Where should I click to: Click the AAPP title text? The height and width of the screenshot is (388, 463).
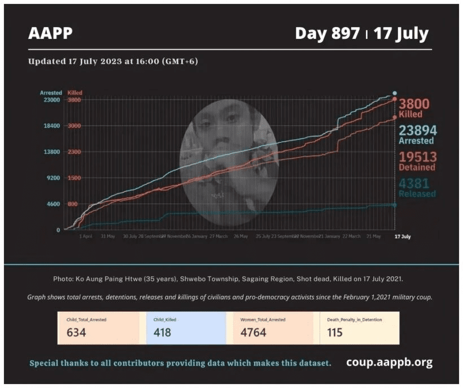(x=50, y=34)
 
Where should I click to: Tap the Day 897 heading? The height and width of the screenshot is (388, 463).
(x=327, y=33)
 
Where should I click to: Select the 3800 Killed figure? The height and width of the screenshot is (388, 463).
(x=414, y=104)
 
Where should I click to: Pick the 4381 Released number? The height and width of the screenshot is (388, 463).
(x=414, y=184)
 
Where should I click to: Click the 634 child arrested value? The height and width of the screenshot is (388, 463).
(x=76, y=333)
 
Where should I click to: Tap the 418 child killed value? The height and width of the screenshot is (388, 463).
(x=163, y=333)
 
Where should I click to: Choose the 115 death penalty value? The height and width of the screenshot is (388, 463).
(x=335, y=333)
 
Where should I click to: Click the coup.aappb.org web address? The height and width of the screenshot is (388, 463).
(x=390, y=362)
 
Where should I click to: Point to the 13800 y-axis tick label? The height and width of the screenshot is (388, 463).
(x=51, y=152)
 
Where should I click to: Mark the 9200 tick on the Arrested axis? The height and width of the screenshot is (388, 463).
(x=53, y=178)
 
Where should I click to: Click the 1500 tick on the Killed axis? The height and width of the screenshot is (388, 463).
(x=74, y=178)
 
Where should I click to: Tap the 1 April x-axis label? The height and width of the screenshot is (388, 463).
(x=86, y=236)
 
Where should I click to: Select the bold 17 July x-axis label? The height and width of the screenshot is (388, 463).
(x=402, y=236)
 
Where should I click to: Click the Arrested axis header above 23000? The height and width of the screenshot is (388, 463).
(x=51, y=93)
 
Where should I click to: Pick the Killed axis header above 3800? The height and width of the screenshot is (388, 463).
(x=75, y=93)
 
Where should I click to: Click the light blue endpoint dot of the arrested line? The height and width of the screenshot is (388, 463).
(x=395, y=93)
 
